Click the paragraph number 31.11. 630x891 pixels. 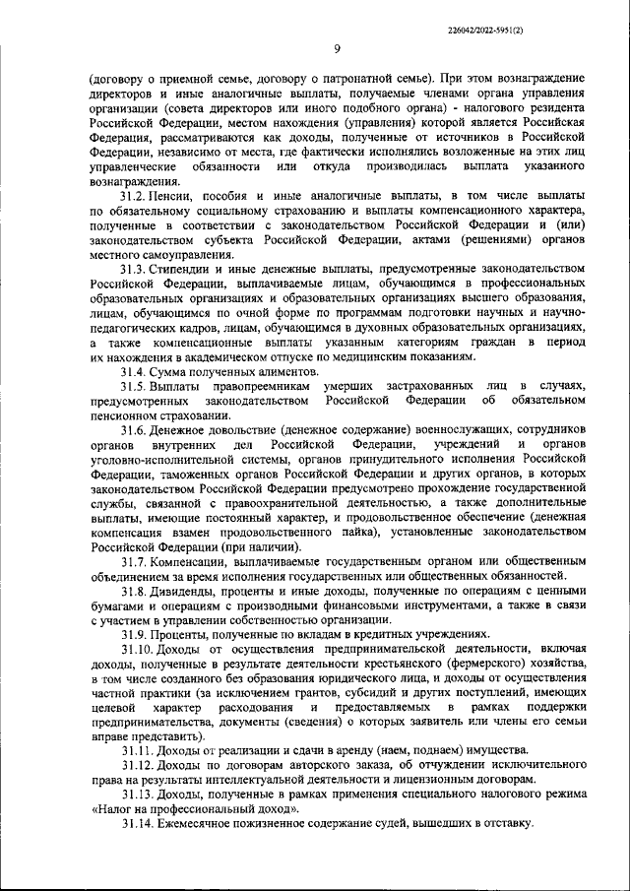click(x=140, y=751)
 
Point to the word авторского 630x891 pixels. click(x=296, y=766)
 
